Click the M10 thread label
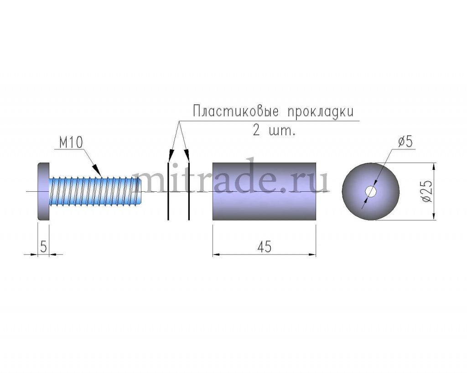pyautogui.click(x=71, y=143)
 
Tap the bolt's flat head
pyautogui.click(x=43, y=192)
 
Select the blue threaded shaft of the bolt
pyautogui.click(x=95, y=191)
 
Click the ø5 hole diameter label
pyautogui.click(x=405, y=142)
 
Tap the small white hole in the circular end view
pyautogui.click(x=371, y=192)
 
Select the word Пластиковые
pyautogui.click(x=236, y=112)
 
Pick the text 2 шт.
pyautogui.click(x=274, y=130)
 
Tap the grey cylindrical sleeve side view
pyautogui.click(x=264, y=191)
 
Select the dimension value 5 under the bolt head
pyautogui.click(x=43, y=246)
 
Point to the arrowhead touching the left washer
pyautogui.click(x=171, y=156)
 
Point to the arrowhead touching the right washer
pyautogui.click(x=187, y=156)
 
